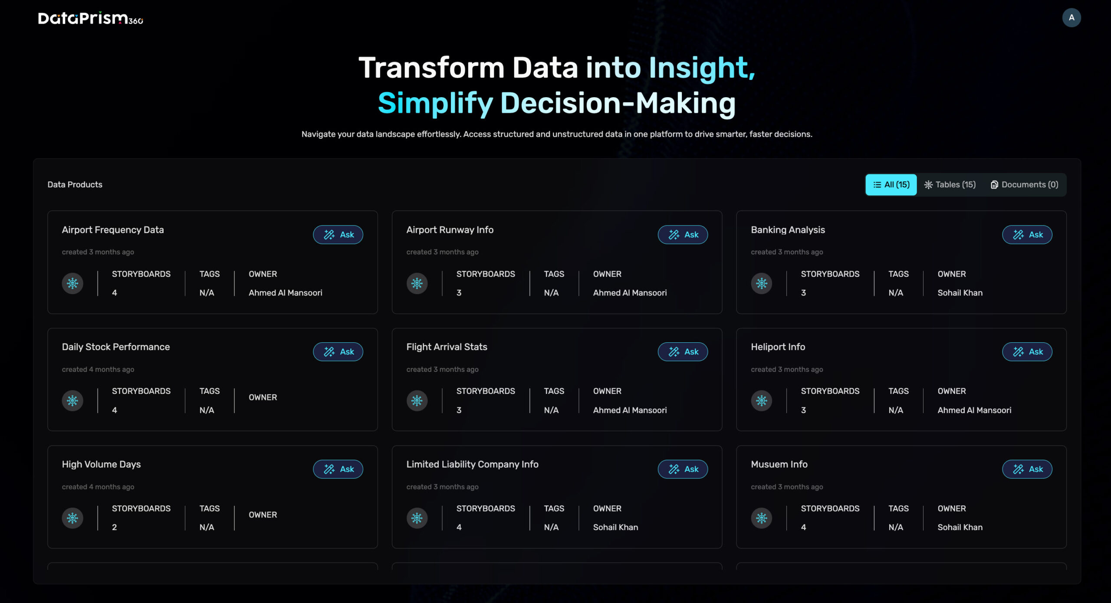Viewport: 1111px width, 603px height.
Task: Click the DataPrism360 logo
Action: [x=91, y=18]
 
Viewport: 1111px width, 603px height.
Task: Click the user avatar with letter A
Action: [x=1071, y=18]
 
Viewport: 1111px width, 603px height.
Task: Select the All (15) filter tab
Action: [x=891, y=185]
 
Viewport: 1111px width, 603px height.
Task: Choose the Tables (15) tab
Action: [x=950, y=185]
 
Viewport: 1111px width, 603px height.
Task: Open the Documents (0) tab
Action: [x=1024, y=185]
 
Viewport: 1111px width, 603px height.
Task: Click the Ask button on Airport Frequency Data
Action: [x=338, y=235]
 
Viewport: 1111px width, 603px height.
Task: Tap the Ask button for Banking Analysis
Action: [x=1027, y=235]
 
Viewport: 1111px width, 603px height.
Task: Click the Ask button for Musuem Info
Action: [x=1027, y=469]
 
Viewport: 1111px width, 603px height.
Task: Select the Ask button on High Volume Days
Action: [x=338, y=469]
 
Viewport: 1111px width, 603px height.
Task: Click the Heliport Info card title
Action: [x=778, y=347]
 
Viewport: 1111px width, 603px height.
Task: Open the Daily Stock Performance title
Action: [x=116, y=347]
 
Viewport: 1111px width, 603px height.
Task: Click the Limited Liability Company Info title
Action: [x=472, y=464]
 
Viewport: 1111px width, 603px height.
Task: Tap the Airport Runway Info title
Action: [x=450, y=230]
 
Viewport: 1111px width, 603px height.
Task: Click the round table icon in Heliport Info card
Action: [x=762, y=400]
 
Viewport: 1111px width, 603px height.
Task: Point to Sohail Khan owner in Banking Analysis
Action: [x=960, y=293]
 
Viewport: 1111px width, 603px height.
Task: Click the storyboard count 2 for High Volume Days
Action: [x=115, y=527]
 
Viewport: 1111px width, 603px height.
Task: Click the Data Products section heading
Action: [x=75, y=185]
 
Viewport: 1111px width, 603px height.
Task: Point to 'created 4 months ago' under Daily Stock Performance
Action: [x=98, y=370]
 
